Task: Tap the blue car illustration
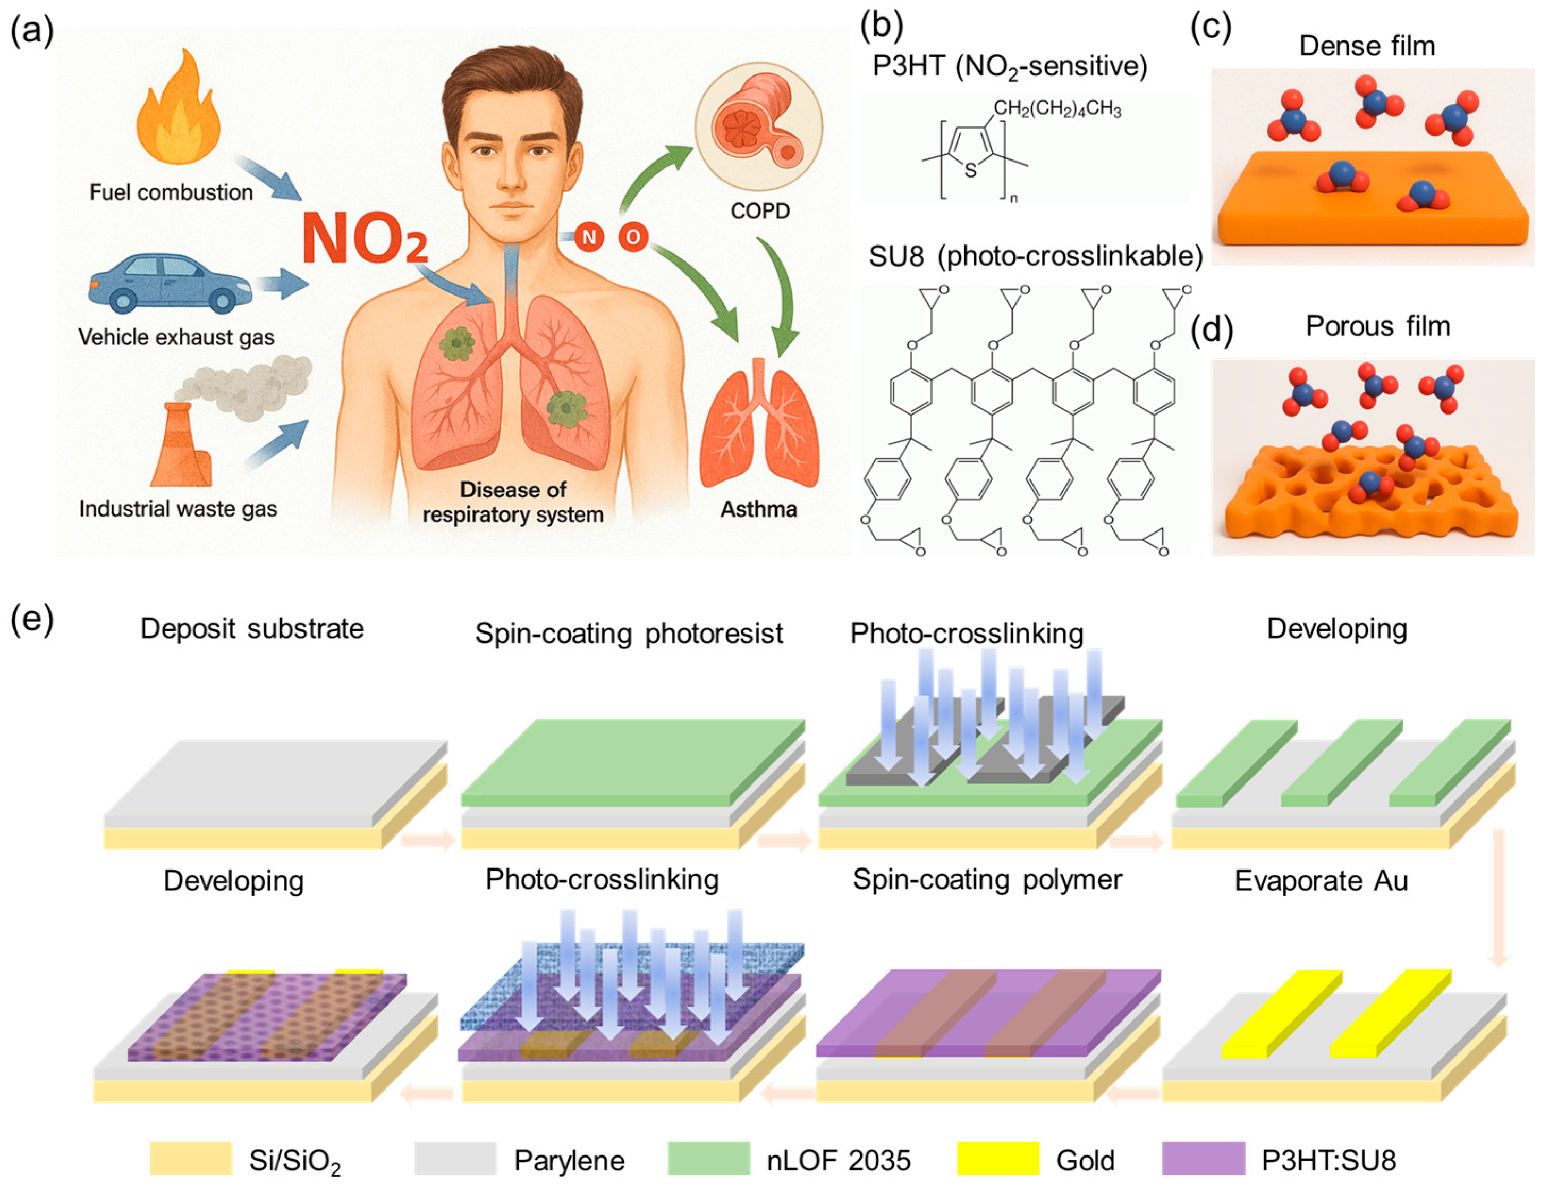click(x=170, y=283)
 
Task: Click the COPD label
click(x=759, y=210)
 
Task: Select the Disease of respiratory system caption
click(x=513, y=502)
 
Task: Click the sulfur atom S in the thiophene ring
click(x=970, y=171)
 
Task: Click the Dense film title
click(x=1366, y=46)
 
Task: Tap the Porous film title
click(x=1377, y=326)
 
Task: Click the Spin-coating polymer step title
click(x=987, y=879)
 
